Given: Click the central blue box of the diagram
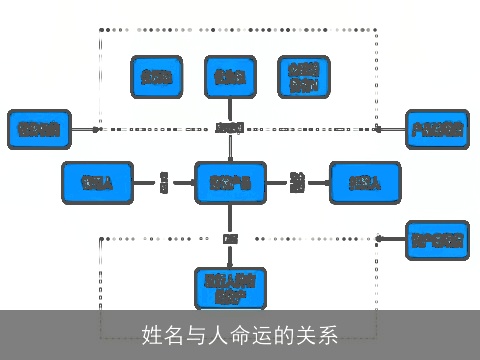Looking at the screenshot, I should pyautogui.click(x=230, y=182).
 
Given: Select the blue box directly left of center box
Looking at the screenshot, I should pyautogui.click(x=96, y=182).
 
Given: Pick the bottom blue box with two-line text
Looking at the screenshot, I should pyautogui.click(x=230, y=287).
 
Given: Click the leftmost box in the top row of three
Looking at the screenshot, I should pyautogui.click(x=156, y=76).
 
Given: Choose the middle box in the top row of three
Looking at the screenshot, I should pyautogui.click(x=230, y=76).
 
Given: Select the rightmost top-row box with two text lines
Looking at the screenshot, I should pyautogui.click(x=304, y=76).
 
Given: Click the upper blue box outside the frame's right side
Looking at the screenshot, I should pyautogui.click(x=437, y=128).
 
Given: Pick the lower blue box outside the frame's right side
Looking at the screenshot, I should pyautogui.click(x=437, y=239).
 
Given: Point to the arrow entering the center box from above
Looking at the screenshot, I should pyautogui.click(x=230, y=150).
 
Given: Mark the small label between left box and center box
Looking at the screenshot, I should pyautogui.click(x=163, y=182).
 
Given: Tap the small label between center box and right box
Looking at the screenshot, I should pyautogui.click(x=297, y=182).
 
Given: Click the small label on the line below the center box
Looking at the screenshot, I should pyautogui.click(x=230, y=239).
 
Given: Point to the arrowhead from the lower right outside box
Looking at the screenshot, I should pyautogui.click(x=381, y=239).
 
